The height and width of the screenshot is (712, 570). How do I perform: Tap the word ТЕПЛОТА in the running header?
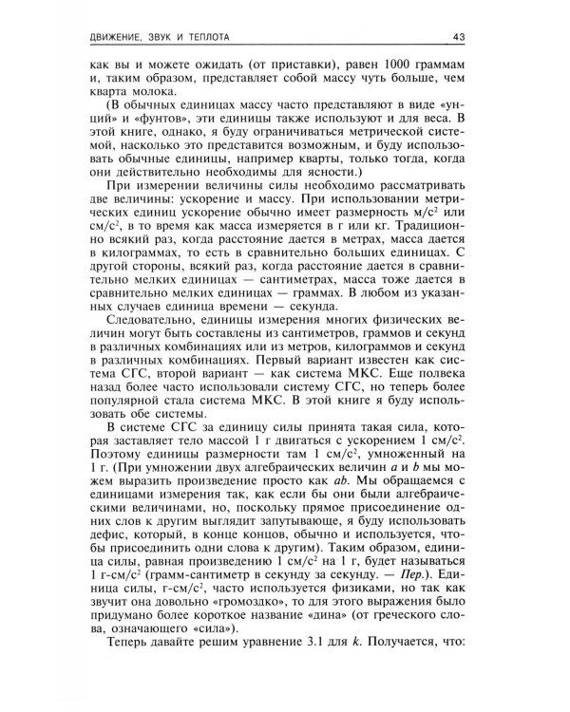(x=211, y=37)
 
